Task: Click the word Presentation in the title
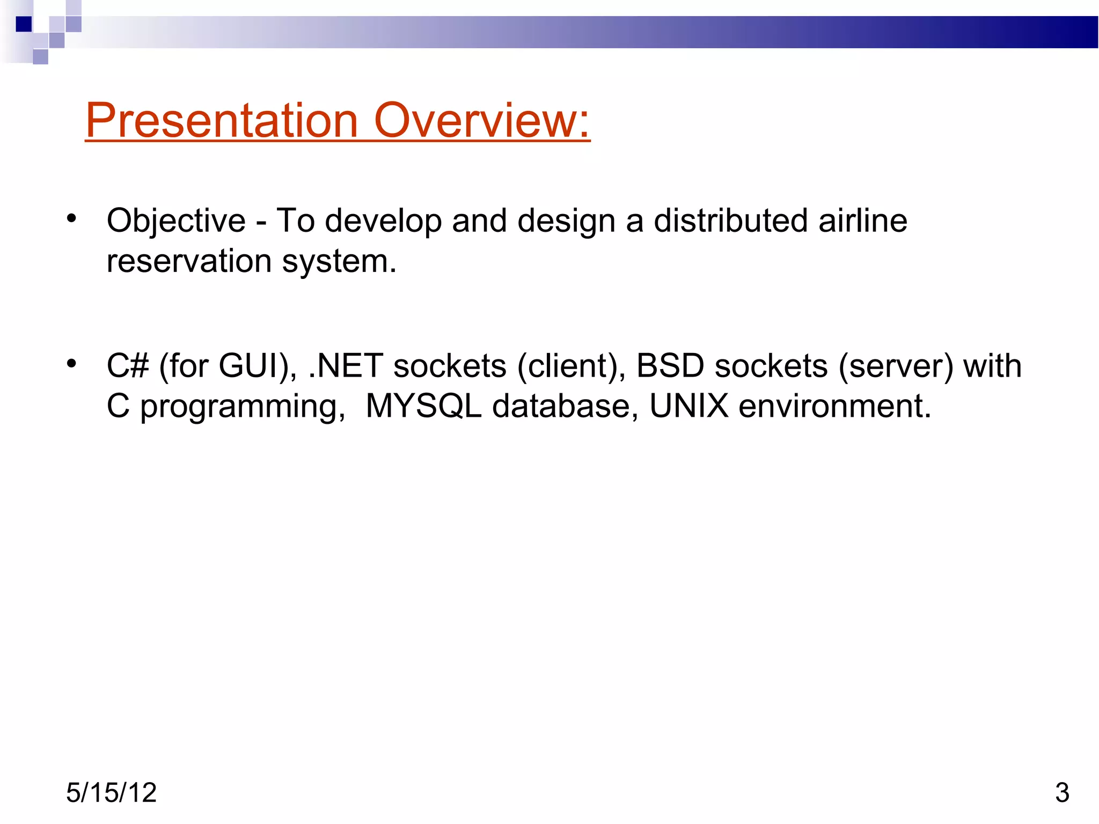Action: (x=222, y=120)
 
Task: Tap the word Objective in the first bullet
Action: (x=176, y=221)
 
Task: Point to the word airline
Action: (x=863, y=220)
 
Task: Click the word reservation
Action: (x=189, y=261)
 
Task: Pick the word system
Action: (x=339, y=262)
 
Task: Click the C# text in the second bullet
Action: (x=128, y=366)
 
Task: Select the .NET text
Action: (x=346, y=366)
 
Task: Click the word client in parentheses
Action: (x=569, y=366)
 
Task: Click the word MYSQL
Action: (x=423, y=406)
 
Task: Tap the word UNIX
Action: (x=689, y=406)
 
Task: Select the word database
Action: (x=561, y=406)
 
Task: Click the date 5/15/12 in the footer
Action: (x=111, y=792)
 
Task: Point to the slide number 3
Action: (x=1062, y=792)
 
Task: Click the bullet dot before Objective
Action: (x=71, y=218)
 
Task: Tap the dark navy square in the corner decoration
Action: (x=24, y=24)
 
